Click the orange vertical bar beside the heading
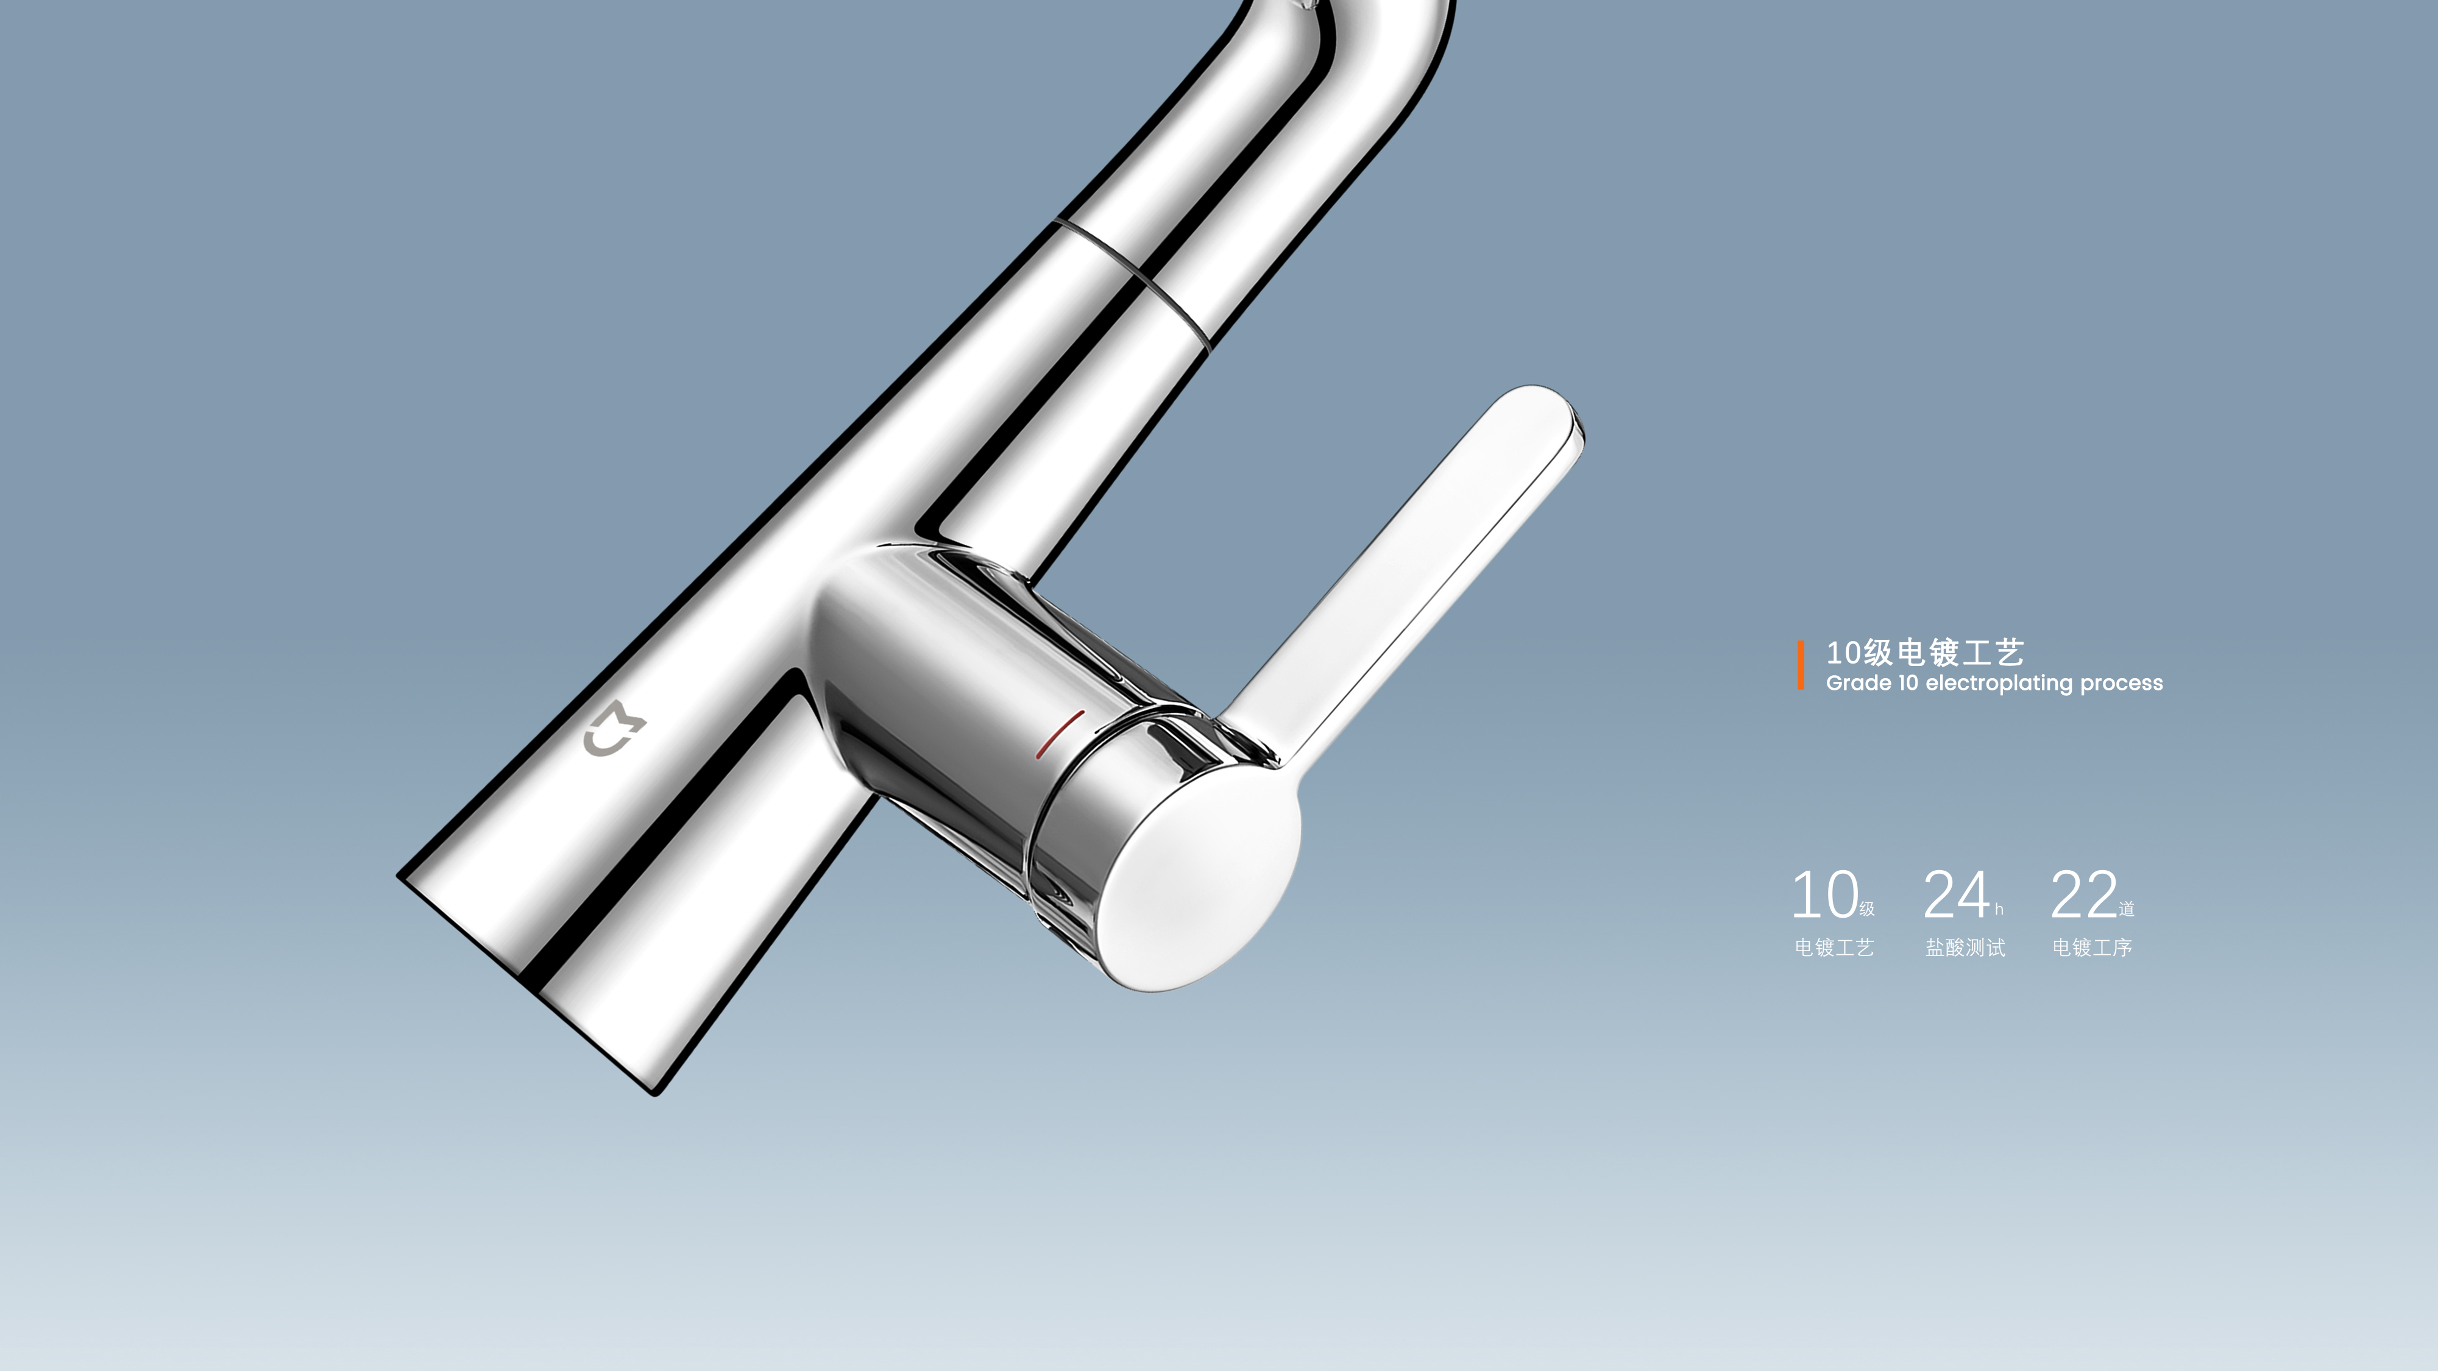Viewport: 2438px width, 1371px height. click(1800, 665)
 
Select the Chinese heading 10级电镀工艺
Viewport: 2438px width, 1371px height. click(1924, 652)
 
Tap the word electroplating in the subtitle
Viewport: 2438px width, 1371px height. click(2000, 683)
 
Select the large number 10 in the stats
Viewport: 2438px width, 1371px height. click(1824, 895)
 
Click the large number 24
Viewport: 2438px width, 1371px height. click(1956, 895)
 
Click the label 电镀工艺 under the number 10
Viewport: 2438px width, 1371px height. click(1834, 947)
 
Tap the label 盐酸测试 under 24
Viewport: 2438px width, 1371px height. click(1965, 947)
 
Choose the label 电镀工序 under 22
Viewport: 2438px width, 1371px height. click(2092, 947)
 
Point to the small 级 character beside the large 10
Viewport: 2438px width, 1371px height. click(1866, 909)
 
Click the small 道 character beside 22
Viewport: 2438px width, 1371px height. click(2127, 909)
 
